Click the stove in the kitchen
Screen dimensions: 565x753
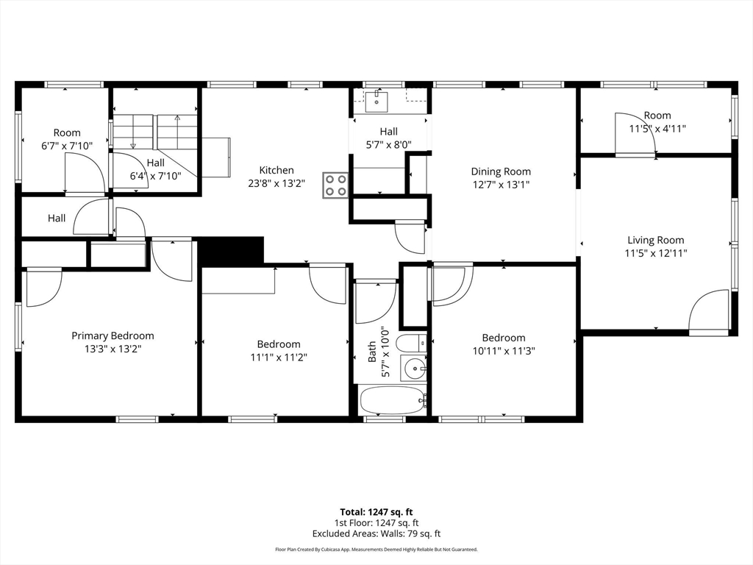335,185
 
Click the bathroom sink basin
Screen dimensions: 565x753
415,367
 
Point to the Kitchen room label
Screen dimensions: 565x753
276,170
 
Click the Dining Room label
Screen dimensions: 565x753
501,171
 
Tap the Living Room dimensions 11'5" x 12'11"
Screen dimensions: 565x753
655,253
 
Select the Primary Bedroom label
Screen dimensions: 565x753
113,335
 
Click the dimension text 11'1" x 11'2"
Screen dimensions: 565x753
279,358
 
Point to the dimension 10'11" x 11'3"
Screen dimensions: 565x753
504,351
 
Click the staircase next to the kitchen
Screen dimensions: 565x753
156,132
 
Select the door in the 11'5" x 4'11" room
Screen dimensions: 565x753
635,133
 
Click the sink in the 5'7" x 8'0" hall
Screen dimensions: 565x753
376,99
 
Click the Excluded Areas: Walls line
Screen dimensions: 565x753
376,534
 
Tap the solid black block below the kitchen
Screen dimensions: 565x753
232,250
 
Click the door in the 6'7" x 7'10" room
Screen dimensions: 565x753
85,174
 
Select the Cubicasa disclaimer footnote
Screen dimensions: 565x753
376,550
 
